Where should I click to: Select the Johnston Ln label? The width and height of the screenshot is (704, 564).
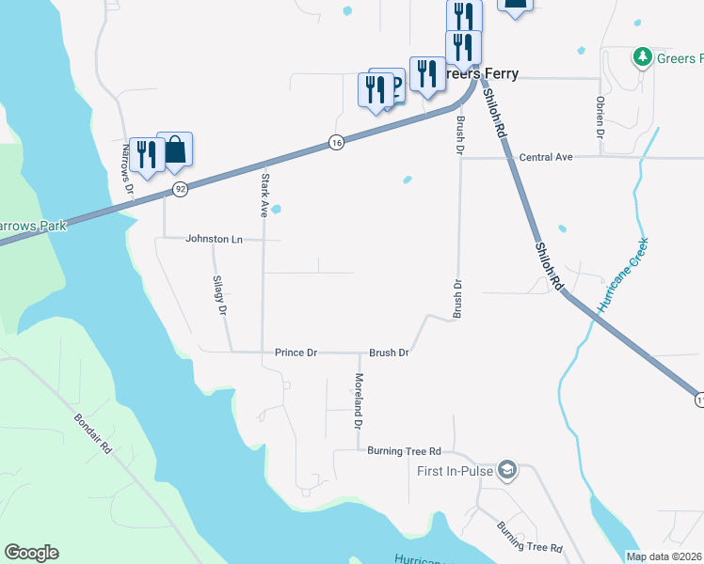[214, 239]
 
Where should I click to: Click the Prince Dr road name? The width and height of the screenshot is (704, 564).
[296, 352]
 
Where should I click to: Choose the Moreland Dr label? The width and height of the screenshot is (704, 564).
[359, 401]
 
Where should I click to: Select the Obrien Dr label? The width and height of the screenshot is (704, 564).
[600, 117]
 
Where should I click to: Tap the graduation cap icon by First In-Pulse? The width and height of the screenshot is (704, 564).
[507, 469]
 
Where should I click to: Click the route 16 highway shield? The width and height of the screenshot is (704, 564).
[336, 142]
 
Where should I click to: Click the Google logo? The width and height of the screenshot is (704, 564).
[31, 553]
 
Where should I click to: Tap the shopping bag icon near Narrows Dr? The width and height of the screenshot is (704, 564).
[175, 149]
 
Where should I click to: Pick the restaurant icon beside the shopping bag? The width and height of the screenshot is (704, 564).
[146, 153]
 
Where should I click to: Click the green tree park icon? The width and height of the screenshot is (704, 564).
[643, 57]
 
